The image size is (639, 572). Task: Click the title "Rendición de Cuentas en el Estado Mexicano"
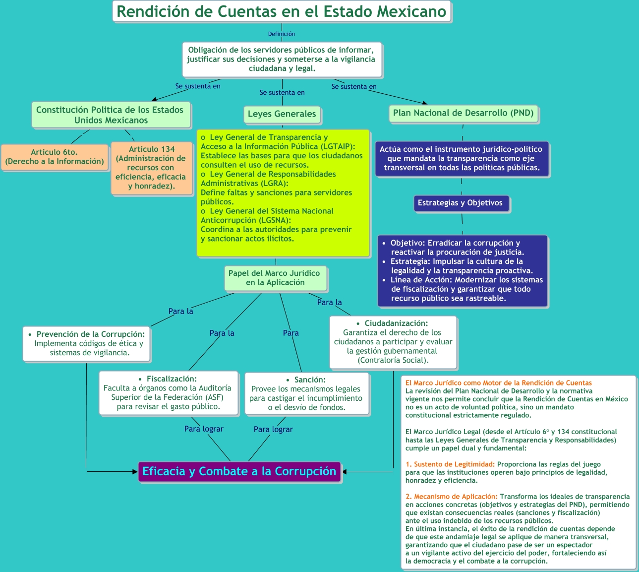coord(282,11)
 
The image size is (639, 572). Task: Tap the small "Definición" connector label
coord(282,34)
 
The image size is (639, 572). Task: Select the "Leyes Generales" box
coord(282,114)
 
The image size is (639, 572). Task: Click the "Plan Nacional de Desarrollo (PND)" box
coord(463,113)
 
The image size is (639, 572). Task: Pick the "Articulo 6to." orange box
coord(55,157)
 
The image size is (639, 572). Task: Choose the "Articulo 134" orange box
coord(151,168)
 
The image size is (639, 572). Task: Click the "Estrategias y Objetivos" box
coord(460,203)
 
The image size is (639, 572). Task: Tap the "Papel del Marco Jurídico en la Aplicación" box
coord(275,278)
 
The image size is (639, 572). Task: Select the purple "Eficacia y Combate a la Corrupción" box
coord(239,471)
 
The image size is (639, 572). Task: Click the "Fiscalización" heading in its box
coord(172,379)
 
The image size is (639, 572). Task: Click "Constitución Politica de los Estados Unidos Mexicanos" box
coord(110,115)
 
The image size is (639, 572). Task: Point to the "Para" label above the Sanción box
coord(291,333)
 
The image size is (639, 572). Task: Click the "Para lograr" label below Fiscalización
coord(204,429)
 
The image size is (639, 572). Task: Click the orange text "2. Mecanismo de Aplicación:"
coord(451,497)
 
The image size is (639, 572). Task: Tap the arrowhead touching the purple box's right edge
coord(345,472)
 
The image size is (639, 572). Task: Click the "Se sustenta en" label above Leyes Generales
coord(282,93)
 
